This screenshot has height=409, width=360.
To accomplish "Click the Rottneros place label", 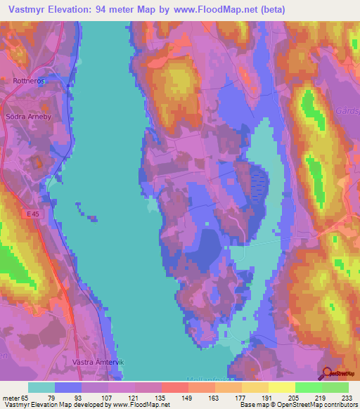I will click(29, 81).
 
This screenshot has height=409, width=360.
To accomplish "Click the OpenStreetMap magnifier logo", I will click(327, 375).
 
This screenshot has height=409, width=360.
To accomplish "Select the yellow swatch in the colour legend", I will click(281, 387).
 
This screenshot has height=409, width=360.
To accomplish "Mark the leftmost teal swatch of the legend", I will click(41, 387).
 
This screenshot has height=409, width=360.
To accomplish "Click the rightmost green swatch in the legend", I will click(335, 387).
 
